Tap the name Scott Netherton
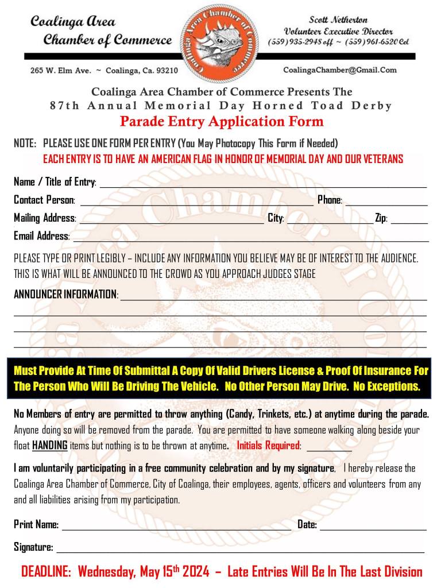[x=339, y=20]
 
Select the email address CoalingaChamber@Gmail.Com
[x=340, y=70]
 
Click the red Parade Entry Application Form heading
[x=222, y=122]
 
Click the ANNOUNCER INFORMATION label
[x=65, y=295]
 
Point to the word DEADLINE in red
[x=46, y=572]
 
